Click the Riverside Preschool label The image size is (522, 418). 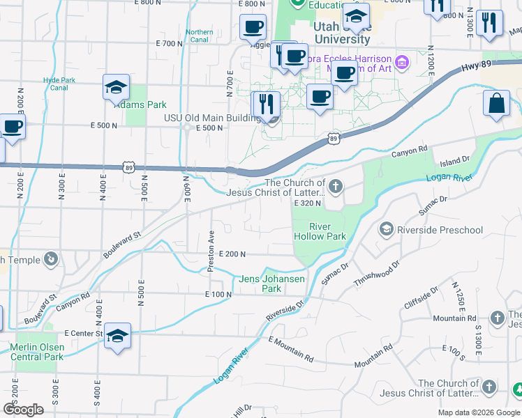(x=440, y=230)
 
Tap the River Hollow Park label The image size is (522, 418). (x=318, y=231)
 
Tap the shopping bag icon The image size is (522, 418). (x=496, y=103)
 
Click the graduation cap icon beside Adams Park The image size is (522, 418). (x=116, y=87)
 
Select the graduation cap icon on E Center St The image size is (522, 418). (x=117, y=336)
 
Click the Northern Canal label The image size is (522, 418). (x=200, y=36)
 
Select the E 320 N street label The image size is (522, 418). (x=306, y=203)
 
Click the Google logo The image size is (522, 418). (x=24, y=410)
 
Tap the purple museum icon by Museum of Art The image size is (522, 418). (x=401, y=64)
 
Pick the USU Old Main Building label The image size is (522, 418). (x=212, y=118)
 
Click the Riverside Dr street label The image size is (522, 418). (x=286, y=311)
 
